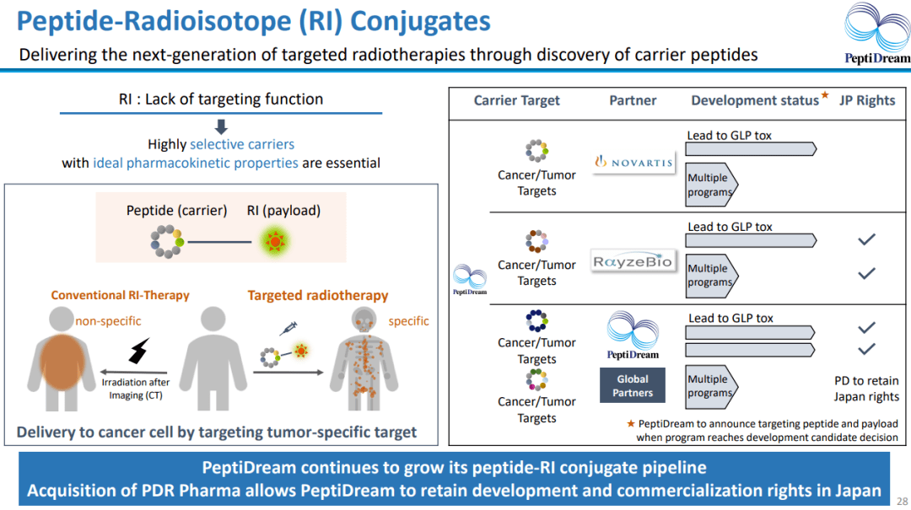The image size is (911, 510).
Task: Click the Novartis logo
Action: tap(634, 161)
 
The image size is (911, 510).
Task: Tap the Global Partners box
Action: tap(633, 386)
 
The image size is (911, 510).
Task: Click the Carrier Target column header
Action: tap(516, 100)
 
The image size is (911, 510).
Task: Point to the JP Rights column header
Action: tap(867, 100)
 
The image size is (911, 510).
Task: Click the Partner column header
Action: tap(633, 100)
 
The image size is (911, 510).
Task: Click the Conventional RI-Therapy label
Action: tap(120, 295)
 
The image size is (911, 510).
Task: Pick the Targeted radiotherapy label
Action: tap(317, 295)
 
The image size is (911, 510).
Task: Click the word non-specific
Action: tap(108, 321)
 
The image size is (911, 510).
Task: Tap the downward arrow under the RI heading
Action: tap(221, 127)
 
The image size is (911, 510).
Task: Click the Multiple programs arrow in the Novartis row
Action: tap(710, 185)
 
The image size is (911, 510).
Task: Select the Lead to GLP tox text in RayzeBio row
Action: tap(730, 227)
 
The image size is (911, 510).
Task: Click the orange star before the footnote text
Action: tap(630, 423)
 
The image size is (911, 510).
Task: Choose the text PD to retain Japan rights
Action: tap(866, 389)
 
